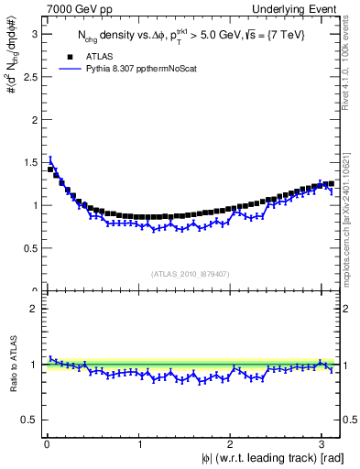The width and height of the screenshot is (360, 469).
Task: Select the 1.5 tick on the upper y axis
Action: coord(28,162)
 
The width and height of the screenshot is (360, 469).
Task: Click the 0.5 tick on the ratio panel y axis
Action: coord(28,420)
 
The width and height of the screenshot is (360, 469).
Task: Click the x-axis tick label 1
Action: coord(139,445)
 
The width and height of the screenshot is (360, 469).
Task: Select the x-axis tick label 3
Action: coord(322,445)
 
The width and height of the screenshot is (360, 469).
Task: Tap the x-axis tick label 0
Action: coord(47,445)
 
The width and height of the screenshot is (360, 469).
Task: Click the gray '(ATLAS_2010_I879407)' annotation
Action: coord(190,273)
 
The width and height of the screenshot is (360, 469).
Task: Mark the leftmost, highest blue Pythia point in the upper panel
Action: coord(50,160)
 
